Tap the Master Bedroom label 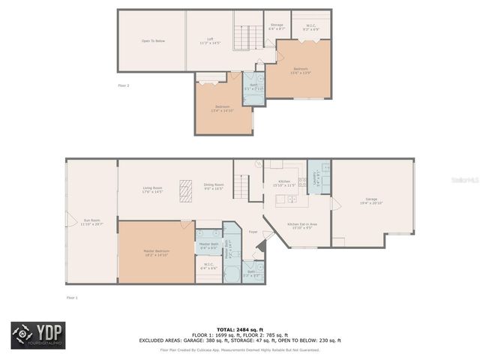point(156,253)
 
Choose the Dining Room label point(214,186)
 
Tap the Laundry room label point(319,177)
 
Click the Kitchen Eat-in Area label point(302,225)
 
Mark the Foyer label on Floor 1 point(253,232)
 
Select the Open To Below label point(153,41)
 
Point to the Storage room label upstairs point(277,26)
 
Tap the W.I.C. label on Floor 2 point(310,27)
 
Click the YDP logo point(37,334)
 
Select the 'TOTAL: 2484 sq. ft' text point(240,329)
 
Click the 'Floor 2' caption point(124,85)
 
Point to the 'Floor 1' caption point(72,298)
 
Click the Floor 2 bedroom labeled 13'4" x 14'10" point(223,108)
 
